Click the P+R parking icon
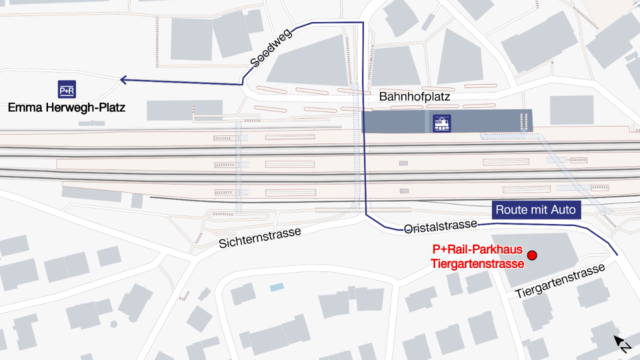click(67, 89)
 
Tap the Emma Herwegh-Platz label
click(66, 107)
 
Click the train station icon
click(441, 123)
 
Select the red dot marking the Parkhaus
click(532, 255)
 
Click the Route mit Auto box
click(536, 210)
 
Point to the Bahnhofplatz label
click(414, 96)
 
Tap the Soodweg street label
click(271, 47)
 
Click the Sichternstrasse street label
click(260, 237)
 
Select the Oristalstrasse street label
click(440, 226)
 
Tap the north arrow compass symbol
click(622, 344)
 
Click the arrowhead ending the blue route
click(122, 79)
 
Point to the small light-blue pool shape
click(276, 287)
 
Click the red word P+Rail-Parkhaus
click(477, 249)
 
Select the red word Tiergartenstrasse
click(477, 263)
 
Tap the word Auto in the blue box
click(563, 210)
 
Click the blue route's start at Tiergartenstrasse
click(617, 255)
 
